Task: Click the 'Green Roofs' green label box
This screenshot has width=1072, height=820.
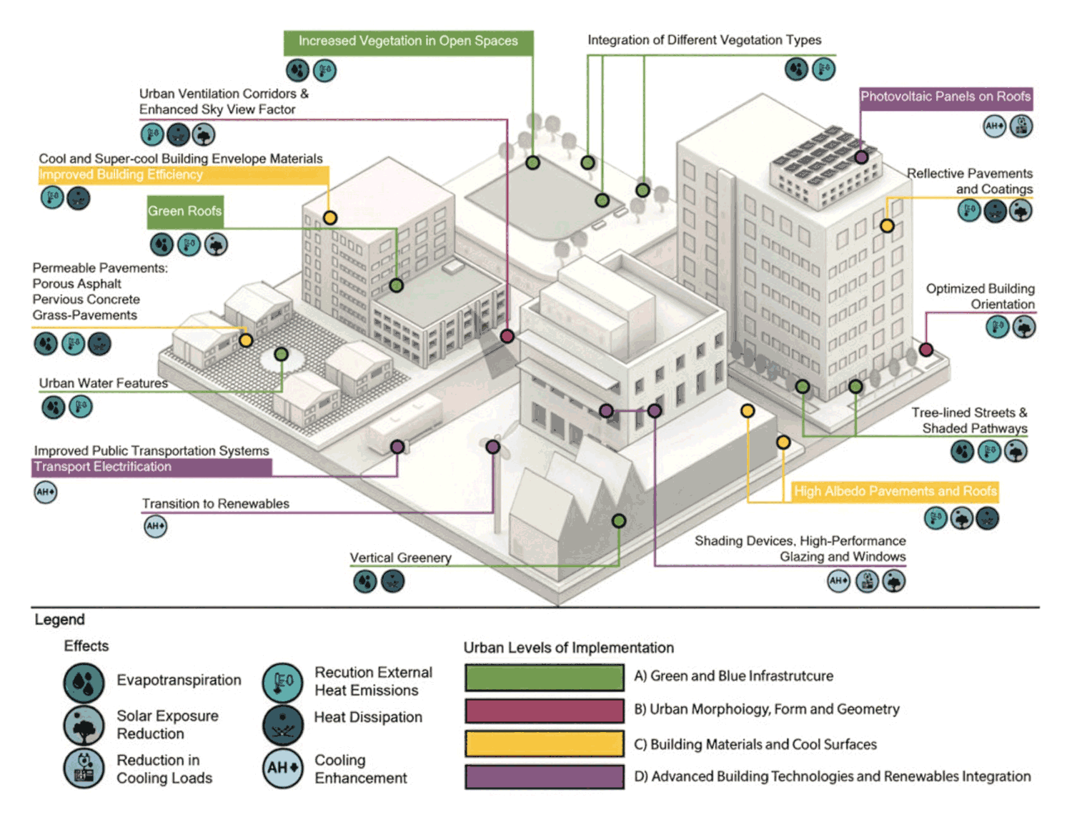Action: (185, 212)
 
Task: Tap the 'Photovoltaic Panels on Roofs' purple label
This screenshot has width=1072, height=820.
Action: (946, 97)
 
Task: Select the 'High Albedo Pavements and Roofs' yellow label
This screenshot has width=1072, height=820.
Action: (895, 491)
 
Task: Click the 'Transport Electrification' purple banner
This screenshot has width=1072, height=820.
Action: (152, 467)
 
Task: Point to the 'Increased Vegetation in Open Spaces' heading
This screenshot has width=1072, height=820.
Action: (408, 41)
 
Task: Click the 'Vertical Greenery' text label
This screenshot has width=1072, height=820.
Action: (400, 558)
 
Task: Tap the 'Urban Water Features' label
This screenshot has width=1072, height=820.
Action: (104, 383)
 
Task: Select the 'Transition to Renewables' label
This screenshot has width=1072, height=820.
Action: (215, 503)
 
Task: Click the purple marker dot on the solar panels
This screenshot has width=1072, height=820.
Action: (861, 157)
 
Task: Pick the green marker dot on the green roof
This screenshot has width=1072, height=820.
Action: (396, 285)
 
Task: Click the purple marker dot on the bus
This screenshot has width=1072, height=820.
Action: (397, 446)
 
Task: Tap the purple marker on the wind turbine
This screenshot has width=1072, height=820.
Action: (493, 446)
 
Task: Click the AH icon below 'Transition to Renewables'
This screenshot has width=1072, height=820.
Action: (155, 526)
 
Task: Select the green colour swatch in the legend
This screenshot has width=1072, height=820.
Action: (545, 678)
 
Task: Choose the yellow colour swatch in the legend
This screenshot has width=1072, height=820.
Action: (545, 744)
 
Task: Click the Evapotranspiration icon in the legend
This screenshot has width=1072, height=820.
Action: (84, 682)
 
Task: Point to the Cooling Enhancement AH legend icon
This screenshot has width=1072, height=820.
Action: (283, 769)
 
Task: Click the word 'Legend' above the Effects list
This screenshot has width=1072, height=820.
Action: (59, 619)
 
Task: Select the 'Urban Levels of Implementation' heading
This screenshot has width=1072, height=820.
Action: (568, 648)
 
